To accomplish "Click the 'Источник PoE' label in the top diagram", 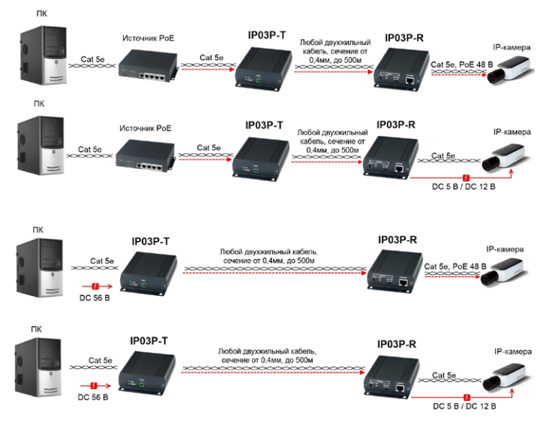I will (x=148, y=37).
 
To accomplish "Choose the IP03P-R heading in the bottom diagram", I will (x=397, y=343).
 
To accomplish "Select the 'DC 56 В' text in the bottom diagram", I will (x=94, y=396).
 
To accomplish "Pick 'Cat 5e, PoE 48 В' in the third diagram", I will (x=455, y=266).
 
